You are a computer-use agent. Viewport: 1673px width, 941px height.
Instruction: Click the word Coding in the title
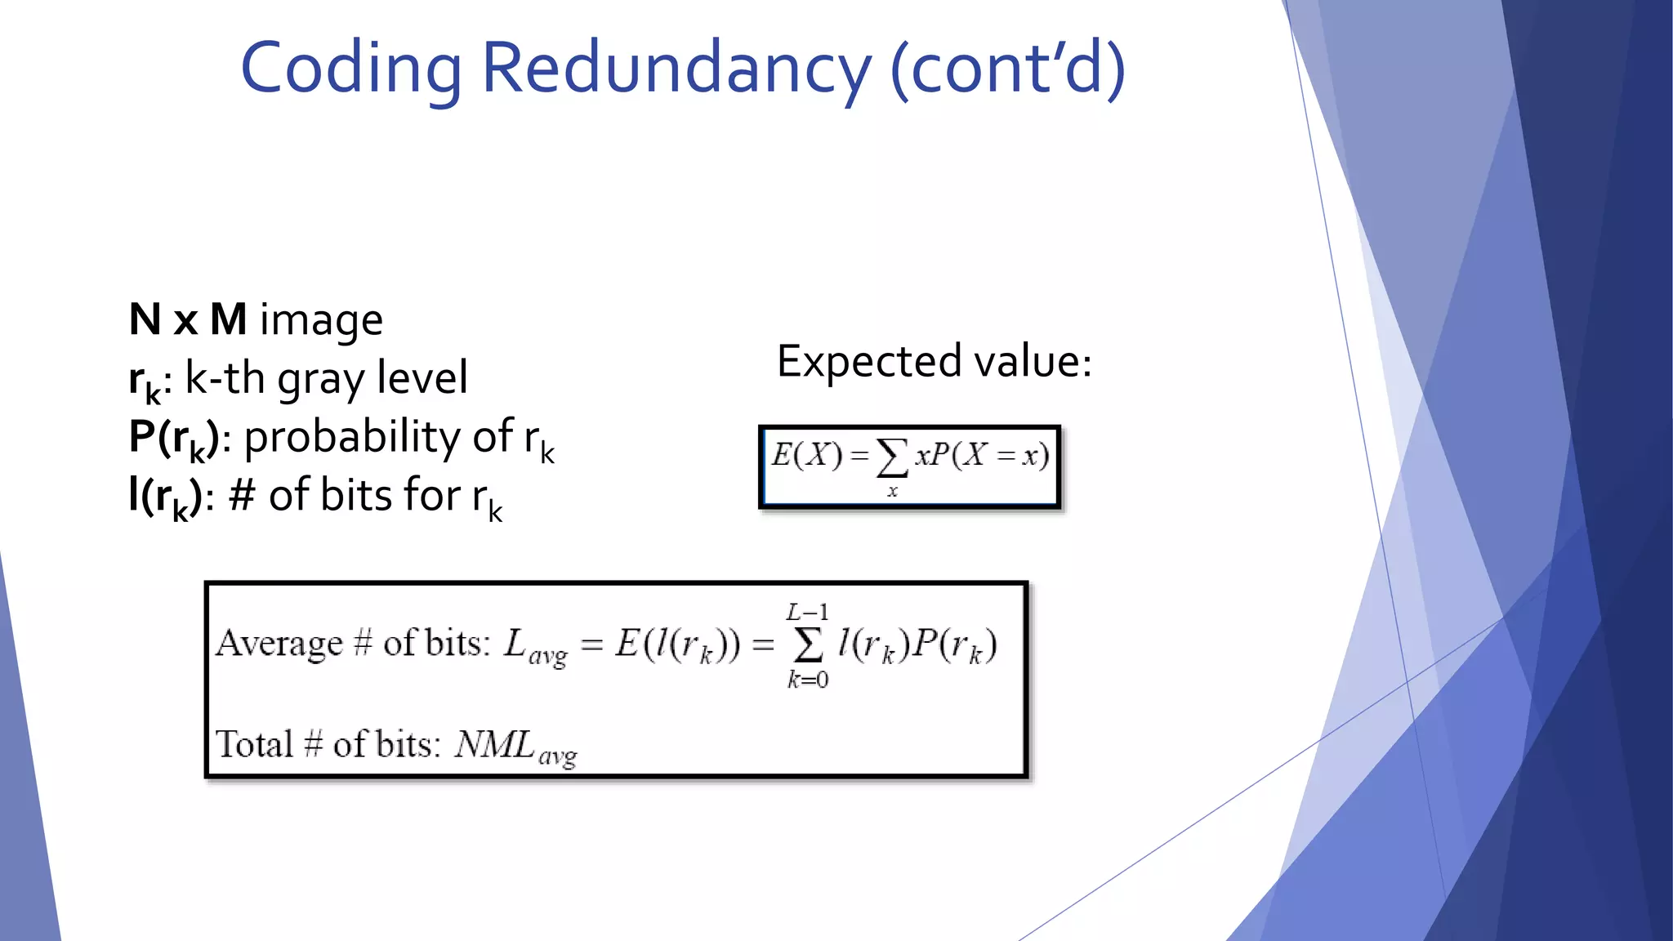351,69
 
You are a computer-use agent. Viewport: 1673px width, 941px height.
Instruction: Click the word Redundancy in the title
676,69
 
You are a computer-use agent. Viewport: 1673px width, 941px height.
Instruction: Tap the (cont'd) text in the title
1007,69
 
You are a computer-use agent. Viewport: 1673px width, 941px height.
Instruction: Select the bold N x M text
188,319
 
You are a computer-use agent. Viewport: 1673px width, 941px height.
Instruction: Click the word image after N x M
321,320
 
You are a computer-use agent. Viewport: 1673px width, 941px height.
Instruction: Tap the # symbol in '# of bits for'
242,495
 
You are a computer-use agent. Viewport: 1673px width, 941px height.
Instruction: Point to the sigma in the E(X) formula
891,457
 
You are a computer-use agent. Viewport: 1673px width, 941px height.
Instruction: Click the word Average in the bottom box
279,644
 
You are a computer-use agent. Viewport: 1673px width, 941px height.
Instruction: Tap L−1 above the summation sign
807,612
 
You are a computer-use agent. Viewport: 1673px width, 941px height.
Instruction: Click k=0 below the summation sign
808,679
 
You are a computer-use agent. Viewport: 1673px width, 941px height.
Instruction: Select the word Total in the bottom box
254,744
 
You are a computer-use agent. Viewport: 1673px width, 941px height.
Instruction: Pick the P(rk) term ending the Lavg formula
954,645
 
